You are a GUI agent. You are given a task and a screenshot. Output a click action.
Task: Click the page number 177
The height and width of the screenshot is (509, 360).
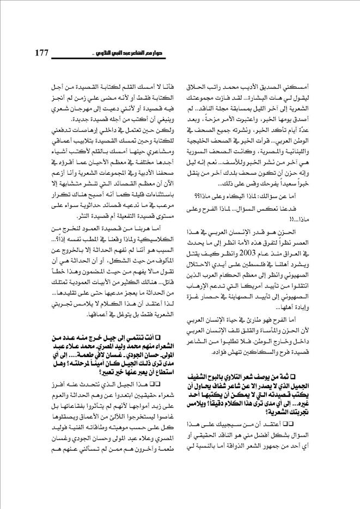pos(41,53)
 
